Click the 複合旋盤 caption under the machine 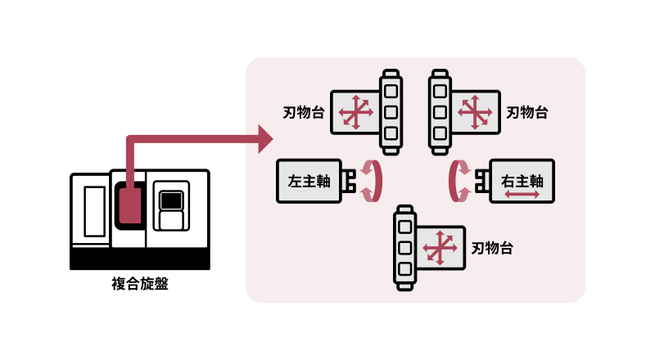(140, 285)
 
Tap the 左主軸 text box (309, 181)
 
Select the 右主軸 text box (522, 181)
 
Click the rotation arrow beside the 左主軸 (373, 180)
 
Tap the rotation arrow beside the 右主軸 (459, 181)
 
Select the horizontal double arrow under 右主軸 (522, 195)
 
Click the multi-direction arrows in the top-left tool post (355, 112)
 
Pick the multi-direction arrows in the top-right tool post (474, 112)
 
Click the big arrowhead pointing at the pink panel (264, 139)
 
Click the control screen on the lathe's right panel (171, 200)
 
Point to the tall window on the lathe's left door (95, 211)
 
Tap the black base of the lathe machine (140, 259)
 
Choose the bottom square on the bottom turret (404, 269)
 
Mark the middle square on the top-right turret (440, 112)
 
